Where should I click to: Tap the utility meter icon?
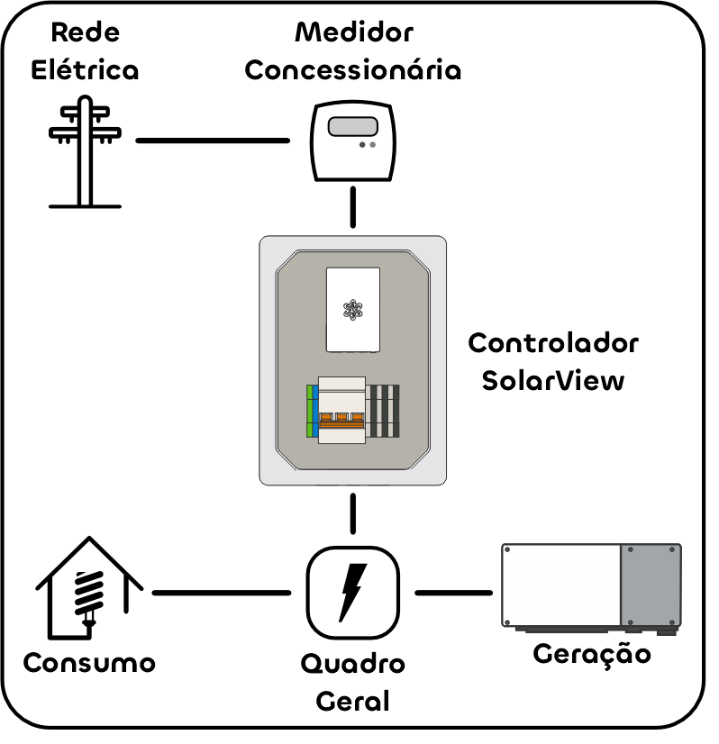point(352,142)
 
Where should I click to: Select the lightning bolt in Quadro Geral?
point(352,592)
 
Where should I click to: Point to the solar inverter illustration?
point(591,587)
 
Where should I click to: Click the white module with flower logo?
point(352,309)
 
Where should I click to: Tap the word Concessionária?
point(352,71)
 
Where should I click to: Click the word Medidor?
point(353,33)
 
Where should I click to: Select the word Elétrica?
point(85,71)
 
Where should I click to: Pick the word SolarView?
point(552,380)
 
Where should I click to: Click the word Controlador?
point(553,343)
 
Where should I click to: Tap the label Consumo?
point(88,664)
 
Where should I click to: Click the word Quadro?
point(352,666)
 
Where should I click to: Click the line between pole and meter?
point(213,141)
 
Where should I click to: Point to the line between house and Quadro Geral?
point(222,593)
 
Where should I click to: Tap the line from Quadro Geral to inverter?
point(453,593)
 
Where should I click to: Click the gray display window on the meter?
point(352,127)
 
